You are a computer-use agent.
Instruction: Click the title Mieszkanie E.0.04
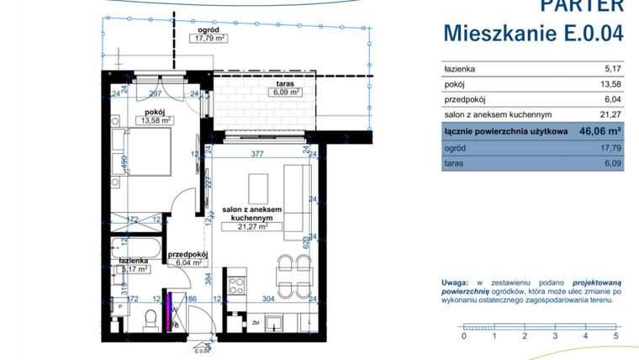click(x=533, y=34)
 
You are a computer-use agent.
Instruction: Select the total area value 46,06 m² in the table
click(x=594, y=130)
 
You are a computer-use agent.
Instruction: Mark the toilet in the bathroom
click(x=148, y=317)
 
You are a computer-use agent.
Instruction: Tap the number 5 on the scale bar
click(x=615, y=336)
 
